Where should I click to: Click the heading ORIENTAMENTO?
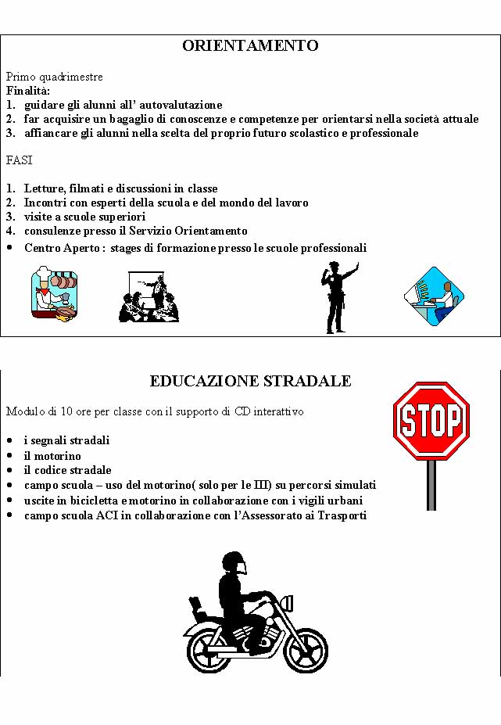250,46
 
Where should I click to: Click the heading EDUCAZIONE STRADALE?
250,382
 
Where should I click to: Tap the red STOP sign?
431,421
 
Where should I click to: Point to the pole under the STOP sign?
431,485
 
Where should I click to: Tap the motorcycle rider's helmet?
234,564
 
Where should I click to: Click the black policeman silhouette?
337,297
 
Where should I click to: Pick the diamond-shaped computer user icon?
434,296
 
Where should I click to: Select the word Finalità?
27,91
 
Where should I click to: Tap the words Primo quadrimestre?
54,77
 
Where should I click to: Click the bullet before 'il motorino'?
9,456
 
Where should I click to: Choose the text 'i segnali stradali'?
66,440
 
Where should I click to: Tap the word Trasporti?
342,515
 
